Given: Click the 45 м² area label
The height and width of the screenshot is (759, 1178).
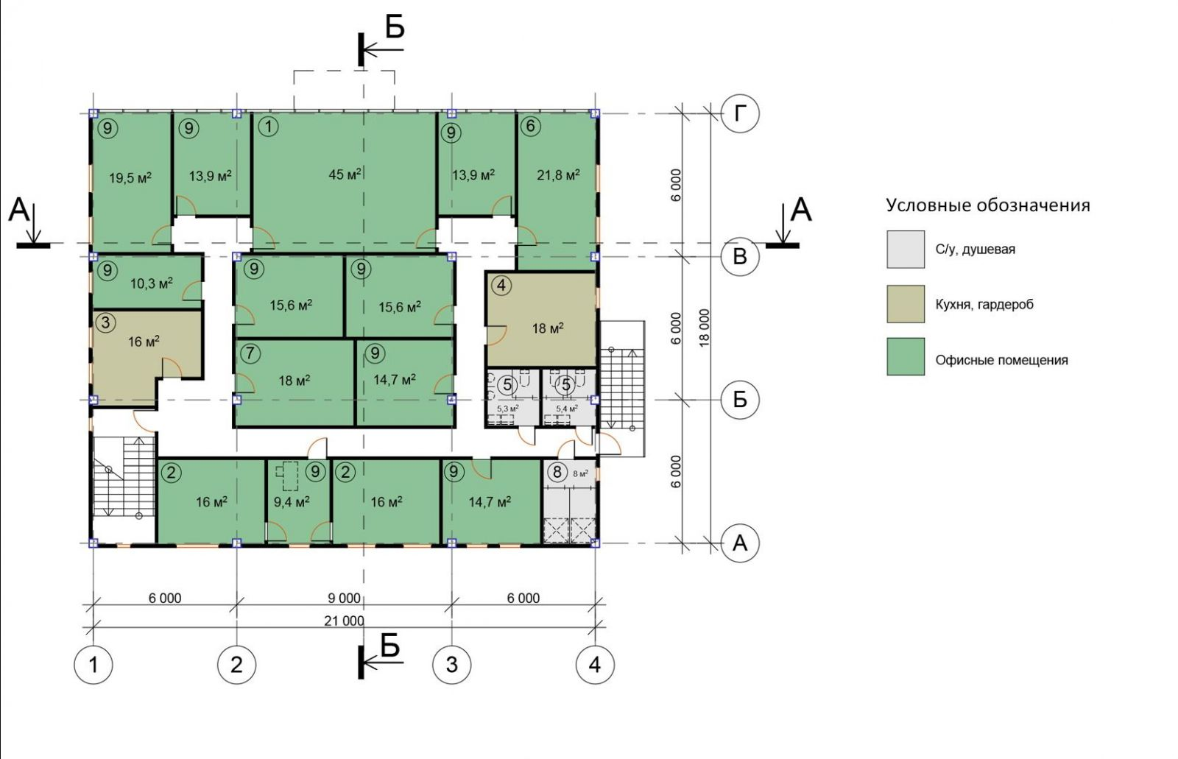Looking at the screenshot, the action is point(345,174).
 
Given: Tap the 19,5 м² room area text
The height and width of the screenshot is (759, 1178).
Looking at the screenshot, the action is point(130,177).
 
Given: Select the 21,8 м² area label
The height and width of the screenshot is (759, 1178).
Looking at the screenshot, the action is point(558,174).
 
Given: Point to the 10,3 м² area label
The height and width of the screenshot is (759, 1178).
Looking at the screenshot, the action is point(152,284).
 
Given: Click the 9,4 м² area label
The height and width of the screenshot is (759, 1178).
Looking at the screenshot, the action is point(292,502).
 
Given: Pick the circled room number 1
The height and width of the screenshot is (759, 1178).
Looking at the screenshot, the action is point(269,127).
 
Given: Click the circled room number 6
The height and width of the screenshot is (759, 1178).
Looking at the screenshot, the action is point(530,126).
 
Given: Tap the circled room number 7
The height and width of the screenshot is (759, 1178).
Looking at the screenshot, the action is point(250,353).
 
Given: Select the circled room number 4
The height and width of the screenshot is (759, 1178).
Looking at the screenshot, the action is point(501,285).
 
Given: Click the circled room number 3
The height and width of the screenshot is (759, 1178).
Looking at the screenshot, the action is point(105,322).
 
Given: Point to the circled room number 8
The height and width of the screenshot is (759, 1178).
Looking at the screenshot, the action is point(557,472).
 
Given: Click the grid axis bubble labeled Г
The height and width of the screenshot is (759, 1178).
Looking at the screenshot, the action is point(740,113).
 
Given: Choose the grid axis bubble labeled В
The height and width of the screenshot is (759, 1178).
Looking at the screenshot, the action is point(740,257).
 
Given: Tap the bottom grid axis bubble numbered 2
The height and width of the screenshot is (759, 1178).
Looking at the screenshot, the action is point(236,665).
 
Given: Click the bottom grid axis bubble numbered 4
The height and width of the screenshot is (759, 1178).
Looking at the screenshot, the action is point(595,665).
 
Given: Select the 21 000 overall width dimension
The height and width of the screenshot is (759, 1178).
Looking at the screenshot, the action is point(344,621).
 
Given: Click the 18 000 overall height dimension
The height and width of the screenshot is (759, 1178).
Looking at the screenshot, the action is point(704,328).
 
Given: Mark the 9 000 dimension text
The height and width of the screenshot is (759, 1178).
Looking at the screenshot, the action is point(344,598).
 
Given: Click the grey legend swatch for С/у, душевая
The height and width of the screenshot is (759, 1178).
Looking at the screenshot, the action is point(906,250).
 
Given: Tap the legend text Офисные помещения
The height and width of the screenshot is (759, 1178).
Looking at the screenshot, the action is point(1001,360).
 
